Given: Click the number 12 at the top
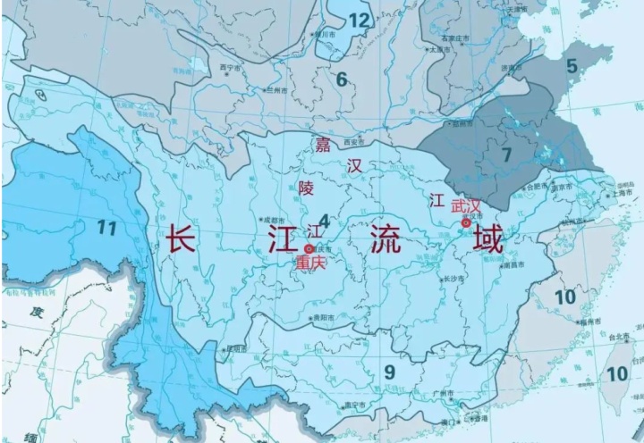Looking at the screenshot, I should point(360,20).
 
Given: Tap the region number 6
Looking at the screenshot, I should point(342,79).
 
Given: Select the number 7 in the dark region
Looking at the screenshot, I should point(506,154).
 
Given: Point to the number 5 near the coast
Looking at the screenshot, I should point(572,65).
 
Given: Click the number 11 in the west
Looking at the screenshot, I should point(107,228).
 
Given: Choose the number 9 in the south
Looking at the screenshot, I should point(389,372).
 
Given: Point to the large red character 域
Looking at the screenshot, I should point(488,239).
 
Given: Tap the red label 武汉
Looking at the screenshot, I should point(466,206).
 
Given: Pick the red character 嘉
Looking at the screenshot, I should point(322,146).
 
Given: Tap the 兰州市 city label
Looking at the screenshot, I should point(275,90).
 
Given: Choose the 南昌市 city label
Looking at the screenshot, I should point(513,265).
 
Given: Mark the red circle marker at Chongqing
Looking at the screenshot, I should point(309,248).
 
